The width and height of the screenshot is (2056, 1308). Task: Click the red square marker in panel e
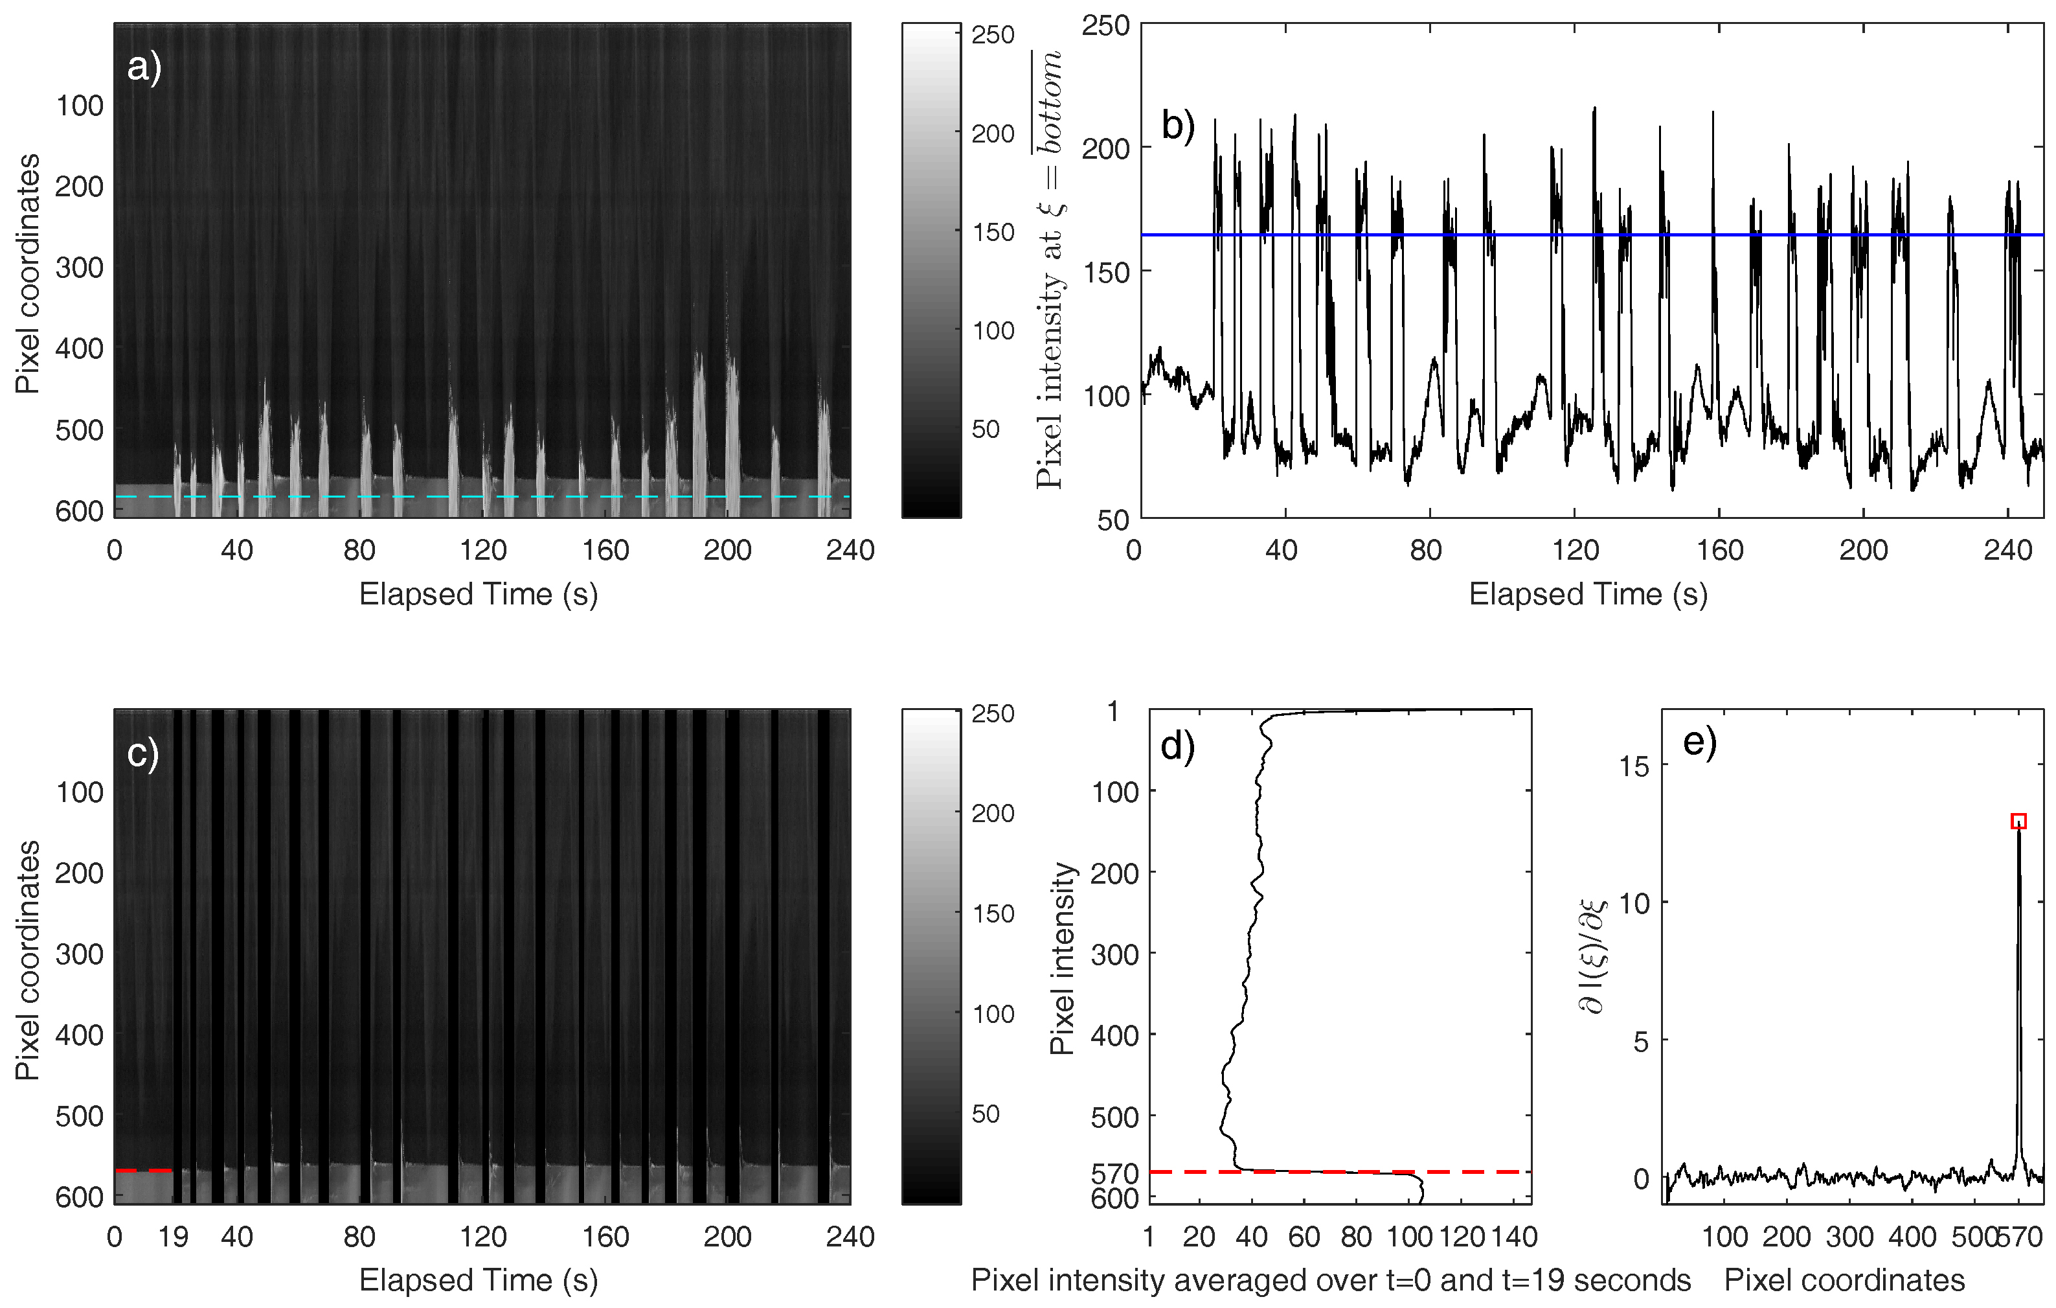pos(2018,821)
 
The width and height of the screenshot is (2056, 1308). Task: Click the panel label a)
pos(144,67)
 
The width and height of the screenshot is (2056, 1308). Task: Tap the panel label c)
pos(142,753)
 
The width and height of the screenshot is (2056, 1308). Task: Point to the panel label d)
pos(1177,746)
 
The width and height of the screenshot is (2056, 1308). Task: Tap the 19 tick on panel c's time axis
pos(174,1236)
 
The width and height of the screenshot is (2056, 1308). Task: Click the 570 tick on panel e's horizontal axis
pos(2020,1236)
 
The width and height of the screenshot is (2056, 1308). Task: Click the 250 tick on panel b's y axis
pos(1105,26)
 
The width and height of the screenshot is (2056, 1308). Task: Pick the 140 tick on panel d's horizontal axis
pos(1512,1236)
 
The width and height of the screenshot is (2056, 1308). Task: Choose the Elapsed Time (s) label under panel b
pos(1587,594)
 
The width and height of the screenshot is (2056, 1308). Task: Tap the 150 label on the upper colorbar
pos(993,231)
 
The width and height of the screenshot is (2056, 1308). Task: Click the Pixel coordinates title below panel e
pos(1844,1279)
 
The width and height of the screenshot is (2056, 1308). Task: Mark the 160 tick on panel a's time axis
pos(605,549)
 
